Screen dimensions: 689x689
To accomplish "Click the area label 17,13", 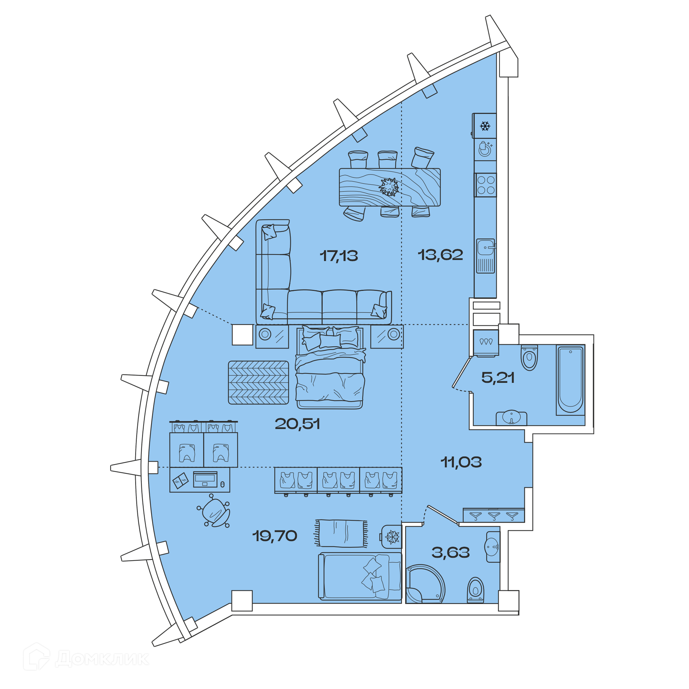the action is [339, 256].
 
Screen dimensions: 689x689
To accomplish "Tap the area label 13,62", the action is [440, 255].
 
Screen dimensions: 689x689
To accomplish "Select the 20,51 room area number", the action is [297, 424].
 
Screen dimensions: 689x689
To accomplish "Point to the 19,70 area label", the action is [275, 536].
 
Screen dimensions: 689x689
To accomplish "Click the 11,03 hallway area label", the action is [461, 462].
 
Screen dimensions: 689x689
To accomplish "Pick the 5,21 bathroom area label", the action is [498, 377].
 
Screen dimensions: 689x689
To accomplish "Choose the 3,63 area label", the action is [451, 552].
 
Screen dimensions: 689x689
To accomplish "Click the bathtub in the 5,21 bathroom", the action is [570, 380].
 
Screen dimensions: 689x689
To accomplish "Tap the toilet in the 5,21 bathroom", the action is [529, 358].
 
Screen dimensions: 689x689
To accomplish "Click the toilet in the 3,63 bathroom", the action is [475, 590].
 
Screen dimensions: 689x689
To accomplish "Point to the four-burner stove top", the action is [486, 185].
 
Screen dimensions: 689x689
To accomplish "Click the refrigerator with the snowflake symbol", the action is [484, 126].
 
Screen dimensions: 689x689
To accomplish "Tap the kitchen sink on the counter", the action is [486, 256].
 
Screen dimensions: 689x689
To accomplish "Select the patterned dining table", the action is [390, 187].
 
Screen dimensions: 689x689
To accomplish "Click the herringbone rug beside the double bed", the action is [258, 383].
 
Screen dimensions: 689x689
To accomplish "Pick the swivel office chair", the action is [214, 511].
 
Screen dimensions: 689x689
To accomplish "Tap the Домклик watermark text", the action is [102, 659].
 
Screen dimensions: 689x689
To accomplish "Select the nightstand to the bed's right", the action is [387, 336].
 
